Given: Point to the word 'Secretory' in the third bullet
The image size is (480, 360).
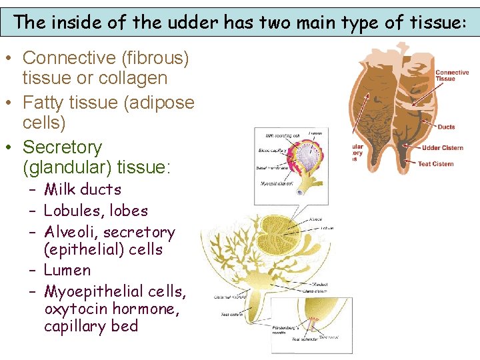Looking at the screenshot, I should (62, 147).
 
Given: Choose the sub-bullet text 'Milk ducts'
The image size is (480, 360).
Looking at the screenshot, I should (83, 189).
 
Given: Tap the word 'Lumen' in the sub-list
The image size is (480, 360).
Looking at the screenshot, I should (67, 270).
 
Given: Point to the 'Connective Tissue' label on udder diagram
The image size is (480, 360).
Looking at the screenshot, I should (451, 75).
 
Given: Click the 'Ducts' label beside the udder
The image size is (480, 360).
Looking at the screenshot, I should (446, 127).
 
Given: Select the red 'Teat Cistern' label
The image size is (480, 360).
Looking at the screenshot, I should (435, 163).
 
